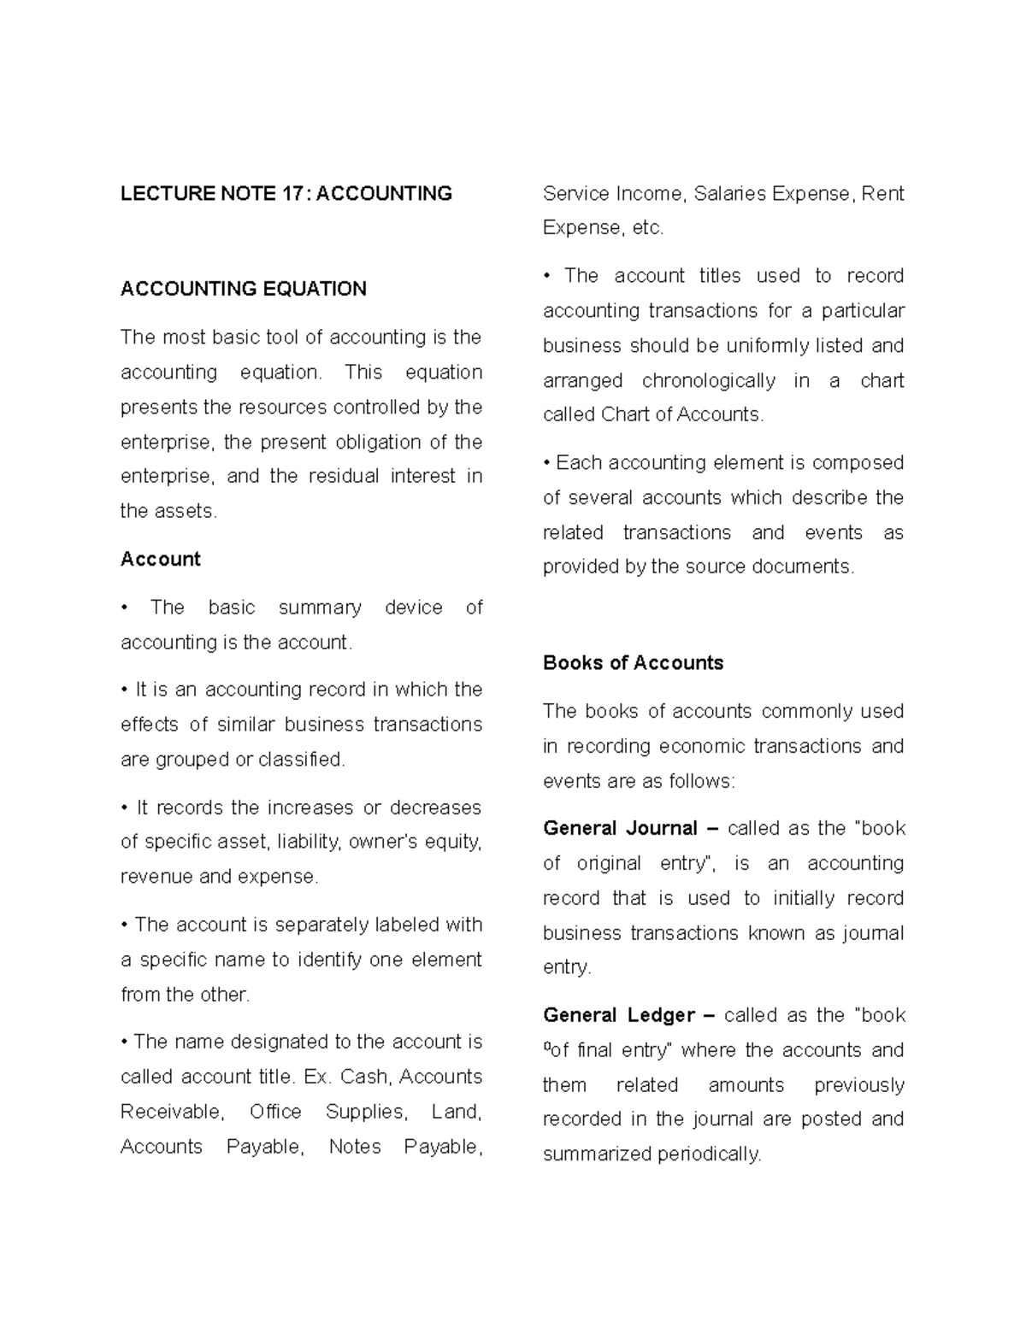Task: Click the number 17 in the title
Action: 292,194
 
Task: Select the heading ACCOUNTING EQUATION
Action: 244,289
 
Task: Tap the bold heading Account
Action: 160,559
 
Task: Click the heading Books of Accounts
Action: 633,663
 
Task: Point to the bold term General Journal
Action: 621,828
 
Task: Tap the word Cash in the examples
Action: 364,1077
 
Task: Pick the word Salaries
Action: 729,194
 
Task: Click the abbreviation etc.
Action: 648,228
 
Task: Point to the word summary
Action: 320,608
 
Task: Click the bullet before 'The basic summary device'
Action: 125,608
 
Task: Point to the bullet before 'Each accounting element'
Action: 546,463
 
